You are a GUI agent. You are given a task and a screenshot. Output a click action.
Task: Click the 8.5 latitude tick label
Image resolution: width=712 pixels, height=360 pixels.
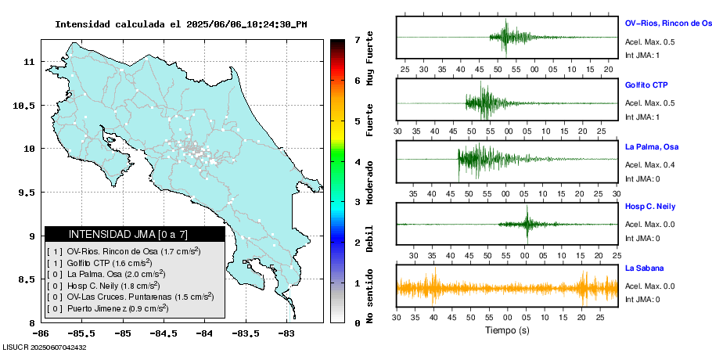25,279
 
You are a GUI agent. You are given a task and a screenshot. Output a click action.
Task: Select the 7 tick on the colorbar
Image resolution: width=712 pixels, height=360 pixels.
357,39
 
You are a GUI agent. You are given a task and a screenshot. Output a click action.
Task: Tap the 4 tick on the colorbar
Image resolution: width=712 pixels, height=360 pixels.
357,161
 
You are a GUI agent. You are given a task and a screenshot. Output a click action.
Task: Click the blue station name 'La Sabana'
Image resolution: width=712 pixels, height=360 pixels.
645,268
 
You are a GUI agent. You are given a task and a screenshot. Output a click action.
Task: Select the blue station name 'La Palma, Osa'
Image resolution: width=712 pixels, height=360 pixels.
652,146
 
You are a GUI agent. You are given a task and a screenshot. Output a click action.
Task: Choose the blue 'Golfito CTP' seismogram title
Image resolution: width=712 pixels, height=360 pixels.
646,85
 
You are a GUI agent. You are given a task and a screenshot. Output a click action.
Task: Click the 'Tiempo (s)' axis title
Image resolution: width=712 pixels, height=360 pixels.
507,330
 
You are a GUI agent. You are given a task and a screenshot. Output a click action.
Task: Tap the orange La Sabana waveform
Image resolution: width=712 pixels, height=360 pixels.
507,288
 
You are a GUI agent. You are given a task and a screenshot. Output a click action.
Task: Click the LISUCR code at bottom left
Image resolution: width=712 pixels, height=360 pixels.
45,347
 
